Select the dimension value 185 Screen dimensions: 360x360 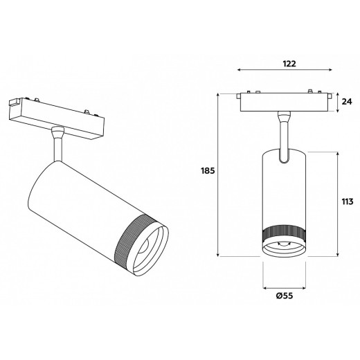pyautogui.click(x=206, y=170)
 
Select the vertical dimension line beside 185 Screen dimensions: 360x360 pyautogui.click(x=219, y=173)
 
